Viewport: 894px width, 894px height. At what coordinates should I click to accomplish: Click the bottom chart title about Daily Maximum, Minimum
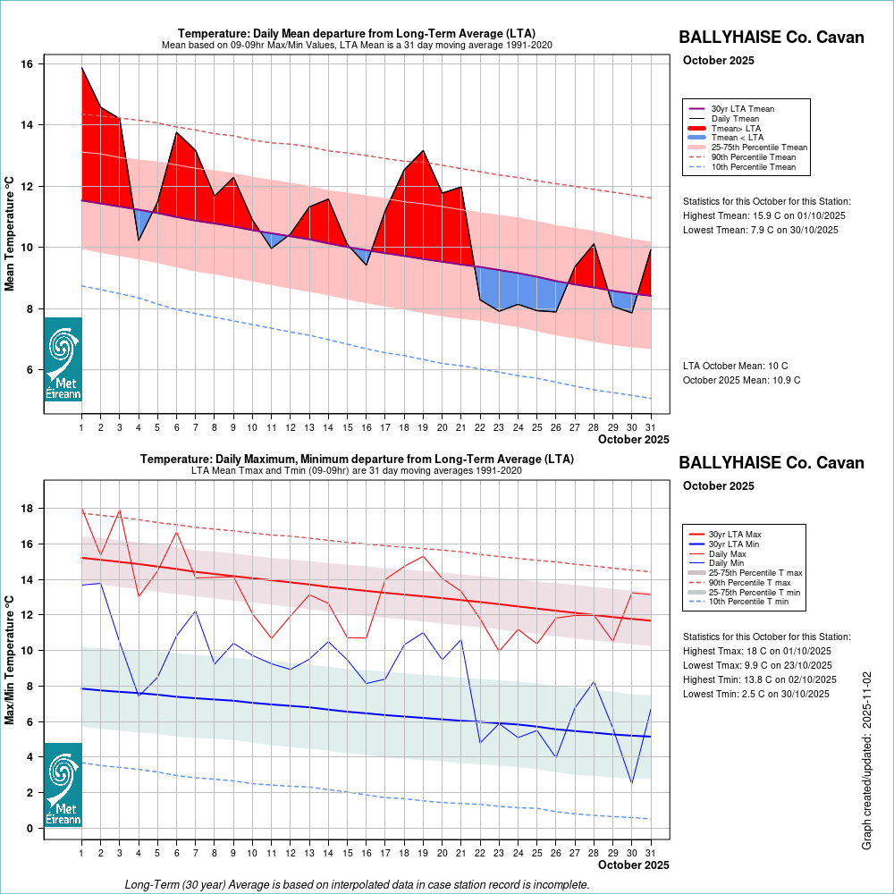(357, 460)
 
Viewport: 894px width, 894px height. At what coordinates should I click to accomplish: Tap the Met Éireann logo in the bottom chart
(63, 785)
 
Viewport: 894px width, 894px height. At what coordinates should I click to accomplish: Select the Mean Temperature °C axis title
(10, 232)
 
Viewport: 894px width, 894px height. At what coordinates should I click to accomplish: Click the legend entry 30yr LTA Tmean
(742, 109)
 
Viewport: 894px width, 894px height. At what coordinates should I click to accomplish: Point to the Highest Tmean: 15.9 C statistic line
(763, 215)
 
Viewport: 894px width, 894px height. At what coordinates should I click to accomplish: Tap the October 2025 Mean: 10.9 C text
(741, 380)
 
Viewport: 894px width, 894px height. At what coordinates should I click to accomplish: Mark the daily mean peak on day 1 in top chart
(81, 67)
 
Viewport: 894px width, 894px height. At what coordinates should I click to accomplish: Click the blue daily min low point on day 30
(632, 783)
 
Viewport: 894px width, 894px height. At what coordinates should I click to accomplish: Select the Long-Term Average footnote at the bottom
(357, 884)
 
